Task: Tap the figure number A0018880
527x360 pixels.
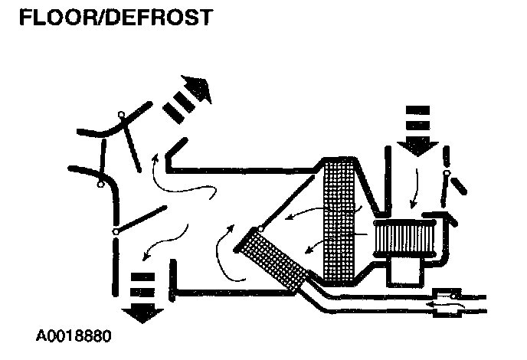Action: point(77,336)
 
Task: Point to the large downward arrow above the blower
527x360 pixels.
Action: point(418,130)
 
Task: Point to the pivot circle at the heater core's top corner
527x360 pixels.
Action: point(261,228)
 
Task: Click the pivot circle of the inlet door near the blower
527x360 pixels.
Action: point(447,175)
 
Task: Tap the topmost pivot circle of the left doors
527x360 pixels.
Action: point(121,116)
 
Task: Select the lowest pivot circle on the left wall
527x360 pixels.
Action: point(116,231)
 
